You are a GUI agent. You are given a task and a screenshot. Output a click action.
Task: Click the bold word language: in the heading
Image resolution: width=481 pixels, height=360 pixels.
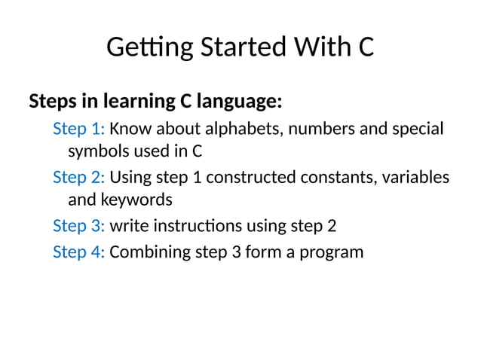click(x=239, y=100)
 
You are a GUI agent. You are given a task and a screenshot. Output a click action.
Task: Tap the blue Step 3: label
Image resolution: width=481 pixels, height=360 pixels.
click(x=78, y=226)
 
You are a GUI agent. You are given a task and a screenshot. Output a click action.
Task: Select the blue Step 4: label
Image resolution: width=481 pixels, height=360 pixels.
click(x=78, y=251)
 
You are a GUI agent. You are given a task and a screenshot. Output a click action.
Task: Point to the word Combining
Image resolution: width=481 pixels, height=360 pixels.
click(x=148, y=251)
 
